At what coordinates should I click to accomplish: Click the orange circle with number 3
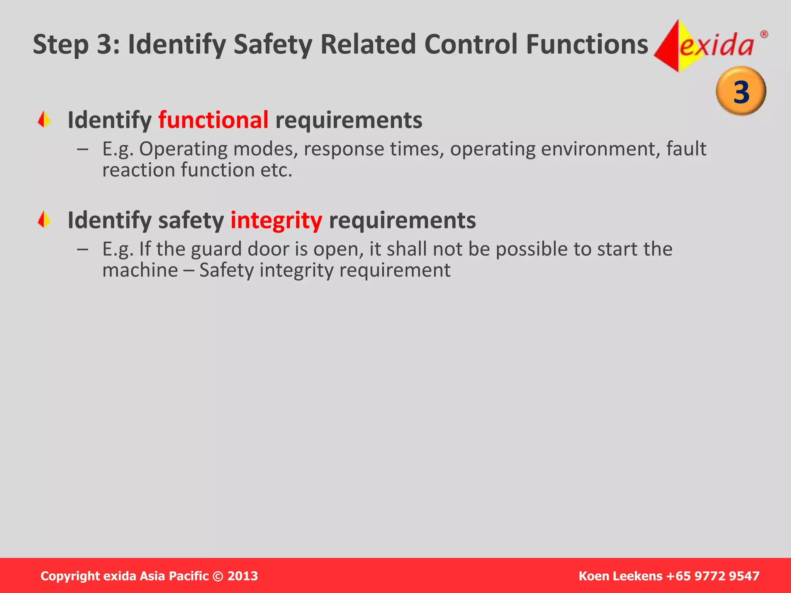(741, 91)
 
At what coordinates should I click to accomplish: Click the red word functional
(213, 120)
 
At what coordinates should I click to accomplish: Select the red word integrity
(276, 220)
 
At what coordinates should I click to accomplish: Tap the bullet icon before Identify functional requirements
(44, 119)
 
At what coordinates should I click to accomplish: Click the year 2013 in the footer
(243, 576)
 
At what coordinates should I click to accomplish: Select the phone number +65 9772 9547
(713, 576)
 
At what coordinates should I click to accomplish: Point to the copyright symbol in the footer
(218, 576)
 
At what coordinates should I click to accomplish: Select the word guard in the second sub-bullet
(216, 249)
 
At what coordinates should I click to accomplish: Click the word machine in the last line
(140, 270)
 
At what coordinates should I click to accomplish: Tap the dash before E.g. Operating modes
(82, 149)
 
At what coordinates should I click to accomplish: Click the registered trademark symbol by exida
(764, 35)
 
